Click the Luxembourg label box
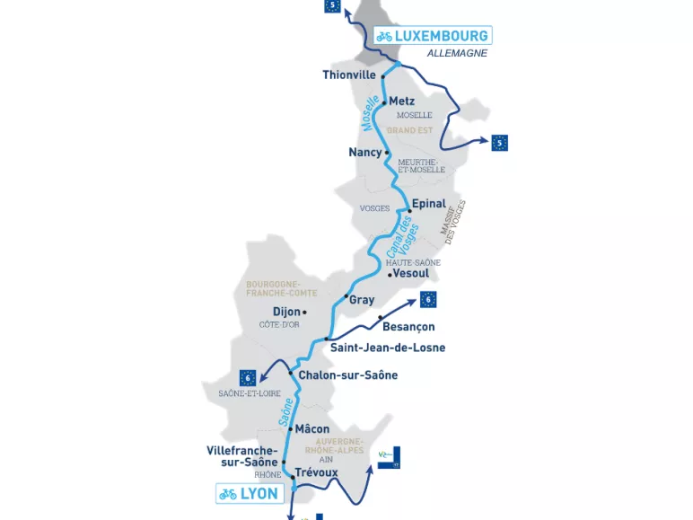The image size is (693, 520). pyautogui.click(x=433, y=36)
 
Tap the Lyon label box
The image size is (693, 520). pyautogui.click(x=250, y=493)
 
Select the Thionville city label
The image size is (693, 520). pyautogui.click(x=349, y=75)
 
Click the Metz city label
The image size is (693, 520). pyautogui.click(x=401, y=101)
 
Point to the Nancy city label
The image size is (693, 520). pyautogui.click(x=364, y=153)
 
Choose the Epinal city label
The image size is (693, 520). pyautogui.click(x=428, y=204)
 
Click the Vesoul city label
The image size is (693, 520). pyautogui.click(x=410, y=274)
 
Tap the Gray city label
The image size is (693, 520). pyautogui.click(x=362, y=300)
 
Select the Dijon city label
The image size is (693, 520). pyautogui.click(x=286, y=313)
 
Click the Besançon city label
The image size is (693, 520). pyautogui.click(x=408, y=327)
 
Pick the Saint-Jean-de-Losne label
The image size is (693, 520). pyautogui.click(x=388, y=348)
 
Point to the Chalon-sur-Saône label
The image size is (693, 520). pyautogui.click(x=347, y=375)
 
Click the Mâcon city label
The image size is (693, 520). pyautogui.click(x=311, y=429)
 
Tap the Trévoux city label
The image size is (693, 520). pyautogui.click(x=316, y=472)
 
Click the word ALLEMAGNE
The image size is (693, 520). pyautogui.click(x=457, y=53)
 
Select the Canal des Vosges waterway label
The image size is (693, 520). pyautogui.click(x=400, y=237)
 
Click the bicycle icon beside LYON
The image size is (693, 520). pyautogui.click(x=228, y=493)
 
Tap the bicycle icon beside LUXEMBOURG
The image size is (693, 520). pyautogui.click(x=384, y=36)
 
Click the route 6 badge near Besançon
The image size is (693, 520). pyautogui.click(x=428, y=299)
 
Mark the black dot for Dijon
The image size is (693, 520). pyautogui.click(x=305, y=313)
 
